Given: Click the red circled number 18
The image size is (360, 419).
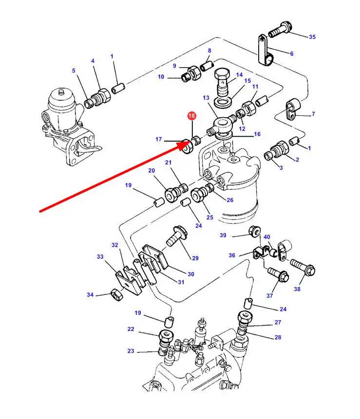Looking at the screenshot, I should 191,116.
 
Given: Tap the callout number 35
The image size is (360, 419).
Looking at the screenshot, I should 312,37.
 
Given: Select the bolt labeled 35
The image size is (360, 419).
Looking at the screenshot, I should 280,29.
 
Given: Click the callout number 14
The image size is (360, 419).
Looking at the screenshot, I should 239,75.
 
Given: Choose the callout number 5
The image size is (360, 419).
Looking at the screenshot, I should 74,71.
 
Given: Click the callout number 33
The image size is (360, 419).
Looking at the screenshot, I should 100,257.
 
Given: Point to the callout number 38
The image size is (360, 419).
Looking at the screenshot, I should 297,289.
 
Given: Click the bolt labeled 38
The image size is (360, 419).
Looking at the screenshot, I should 303,268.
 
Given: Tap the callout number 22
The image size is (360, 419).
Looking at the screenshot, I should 131,329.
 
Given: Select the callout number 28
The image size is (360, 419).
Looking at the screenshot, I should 278,338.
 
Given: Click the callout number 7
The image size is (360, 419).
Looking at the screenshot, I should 313,114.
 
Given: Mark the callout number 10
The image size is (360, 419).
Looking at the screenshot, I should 161,77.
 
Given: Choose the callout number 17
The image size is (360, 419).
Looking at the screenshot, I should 159,140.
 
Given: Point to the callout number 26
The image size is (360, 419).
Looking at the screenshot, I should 230,200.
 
